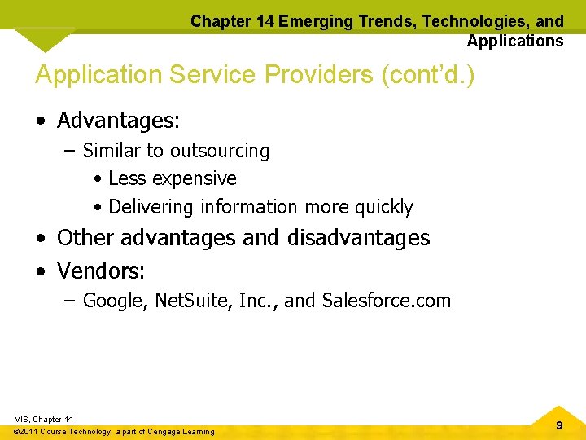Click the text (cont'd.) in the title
428,74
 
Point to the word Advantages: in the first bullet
119,121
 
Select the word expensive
196,178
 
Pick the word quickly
384,207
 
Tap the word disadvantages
358,237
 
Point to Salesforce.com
386,301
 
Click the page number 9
558,425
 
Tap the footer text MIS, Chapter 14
44,419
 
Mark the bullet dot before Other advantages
40,238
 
